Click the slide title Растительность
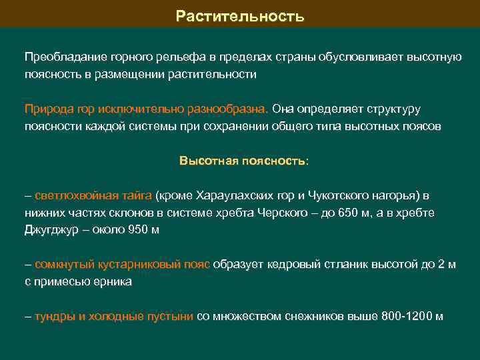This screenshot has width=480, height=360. coord(240,15)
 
